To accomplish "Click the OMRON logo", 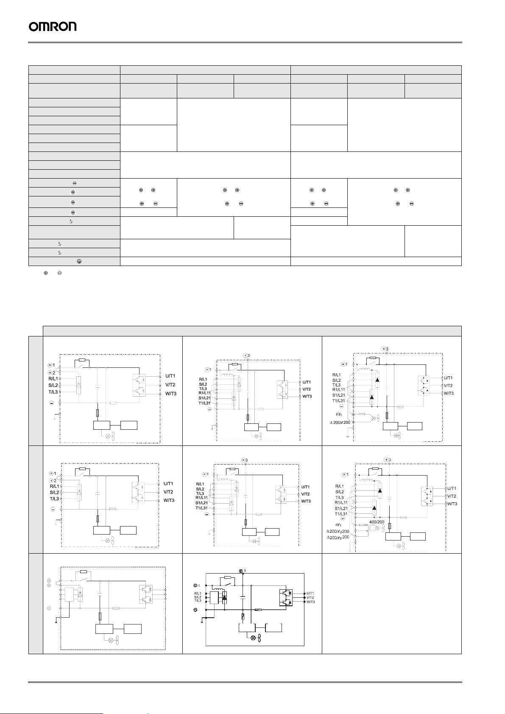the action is (53, 27).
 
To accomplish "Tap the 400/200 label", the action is (377, 522).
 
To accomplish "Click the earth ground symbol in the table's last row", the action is (79, 262).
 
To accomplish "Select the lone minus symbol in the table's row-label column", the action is (74, 183).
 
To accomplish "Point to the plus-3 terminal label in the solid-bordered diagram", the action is (242, 571).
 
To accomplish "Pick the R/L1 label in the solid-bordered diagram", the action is (198, 594).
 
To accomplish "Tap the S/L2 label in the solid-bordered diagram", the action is (198, 597).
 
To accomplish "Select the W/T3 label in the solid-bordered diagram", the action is (310, 602).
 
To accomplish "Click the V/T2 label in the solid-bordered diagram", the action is (310, 597).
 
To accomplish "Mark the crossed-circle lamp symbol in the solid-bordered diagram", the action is (254, 638).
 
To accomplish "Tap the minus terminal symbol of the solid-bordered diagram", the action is (195, 610).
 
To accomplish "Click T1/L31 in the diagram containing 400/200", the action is (341, 514).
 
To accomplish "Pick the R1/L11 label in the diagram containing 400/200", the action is (341, 503).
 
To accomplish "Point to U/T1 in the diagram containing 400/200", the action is (452, 488).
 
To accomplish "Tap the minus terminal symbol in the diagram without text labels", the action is (49, 608).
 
